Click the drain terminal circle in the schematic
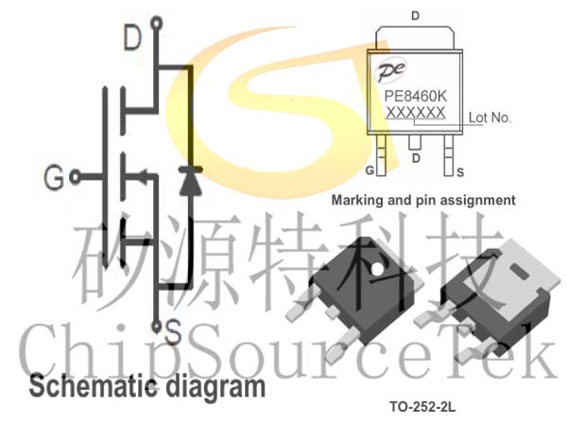pyautogui.click(x=157, y=24)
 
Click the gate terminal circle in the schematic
pyautogui.click(x=75, y=177)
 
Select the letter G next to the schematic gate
pyautogui.click(x=54, y=177)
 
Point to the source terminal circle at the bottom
pyautogui.click(x=157, y=328)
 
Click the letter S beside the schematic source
pyautogui.click(x=173, y=332)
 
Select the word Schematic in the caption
pyautogui.click(x=94, y=386)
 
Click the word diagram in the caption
pyautogui.click(x=215, y=388)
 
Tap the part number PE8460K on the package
pyautogui.click(x=416, y=97)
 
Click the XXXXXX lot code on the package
pyautogui.click(x=416, y=113)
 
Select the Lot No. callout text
pyautogui.click(x=490, y=117)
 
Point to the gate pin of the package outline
pyautogui.click(x=381, y=155)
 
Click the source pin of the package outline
pyautogui.click(x=449, y=155)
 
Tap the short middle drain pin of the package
pyautogui.click(x=415, y=142)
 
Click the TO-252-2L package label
pyautogui.click(x=422, y=407)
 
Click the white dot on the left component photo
pyautogui.click(x=377, y=269)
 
